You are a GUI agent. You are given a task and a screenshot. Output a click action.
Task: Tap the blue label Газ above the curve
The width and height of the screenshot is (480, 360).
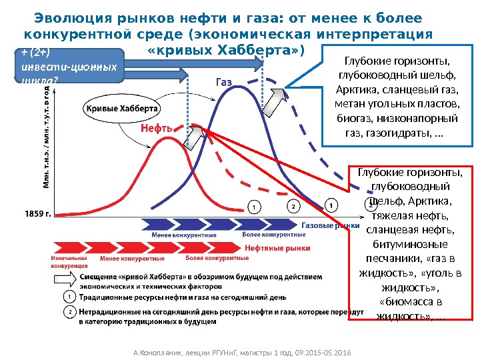pyautogui.click(x=224, y=83)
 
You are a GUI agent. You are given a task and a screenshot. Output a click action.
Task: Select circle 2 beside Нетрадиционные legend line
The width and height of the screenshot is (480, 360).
pyautogui.click(x=69, y=311)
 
